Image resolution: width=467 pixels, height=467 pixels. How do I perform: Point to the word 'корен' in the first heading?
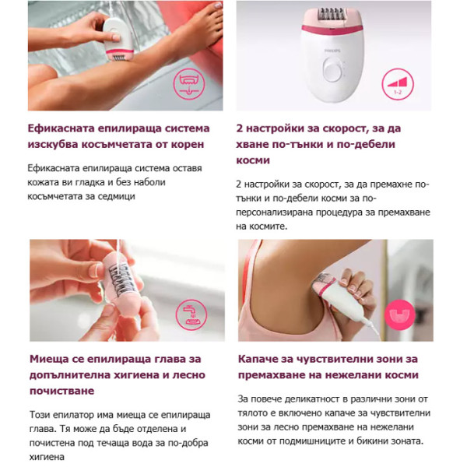(x=187, y=145)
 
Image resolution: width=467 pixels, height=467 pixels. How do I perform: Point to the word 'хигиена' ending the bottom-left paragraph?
(x=50, y=458)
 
